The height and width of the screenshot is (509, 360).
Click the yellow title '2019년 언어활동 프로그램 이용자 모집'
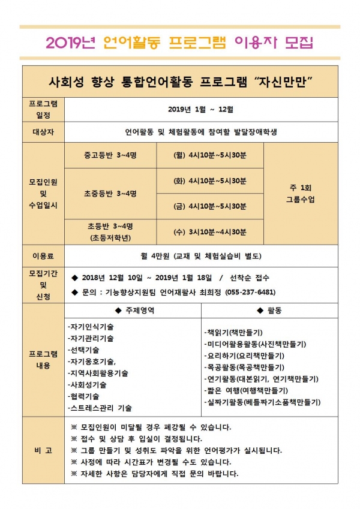179,43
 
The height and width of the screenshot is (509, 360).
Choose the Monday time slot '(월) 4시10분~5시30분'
209,155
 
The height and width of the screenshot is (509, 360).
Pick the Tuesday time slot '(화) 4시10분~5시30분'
209,180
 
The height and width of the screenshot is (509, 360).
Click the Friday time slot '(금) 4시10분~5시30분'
209,206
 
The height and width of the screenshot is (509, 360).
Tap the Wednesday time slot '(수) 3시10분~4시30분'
209,231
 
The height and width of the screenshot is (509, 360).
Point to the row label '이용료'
43,256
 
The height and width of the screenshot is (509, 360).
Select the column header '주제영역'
133,311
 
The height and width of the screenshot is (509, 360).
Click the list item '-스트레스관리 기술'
100,408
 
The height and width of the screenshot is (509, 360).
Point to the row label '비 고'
43,450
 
